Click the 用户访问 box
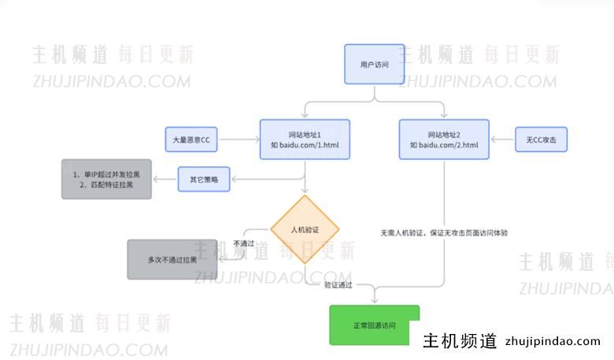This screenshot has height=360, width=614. [374, 64]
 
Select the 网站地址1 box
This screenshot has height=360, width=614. [305, 139]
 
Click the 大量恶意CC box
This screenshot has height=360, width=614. [190, 140]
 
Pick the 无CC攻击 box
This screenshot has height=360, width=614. [541, 140]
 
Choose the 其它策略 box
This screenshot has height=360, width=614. [204, 180]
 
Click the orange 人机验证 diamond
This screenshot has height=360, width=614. [305, 229]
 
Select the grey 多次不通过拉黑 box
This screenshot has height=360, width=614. [172, 259]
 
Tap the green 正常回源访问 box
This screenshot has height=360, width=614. [374, 325]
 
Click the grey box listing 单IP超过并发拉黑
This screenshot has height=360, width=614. [105, 179]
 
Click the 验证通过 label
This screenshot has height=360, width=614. [338, 284]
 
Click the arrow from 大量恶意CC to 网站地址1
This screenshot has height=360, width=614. [239, 140]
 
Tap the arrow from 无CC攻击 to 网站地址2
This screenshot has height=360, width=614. [502, 140]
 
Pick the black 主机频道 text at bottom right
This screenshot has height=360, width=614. [460, 341]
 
